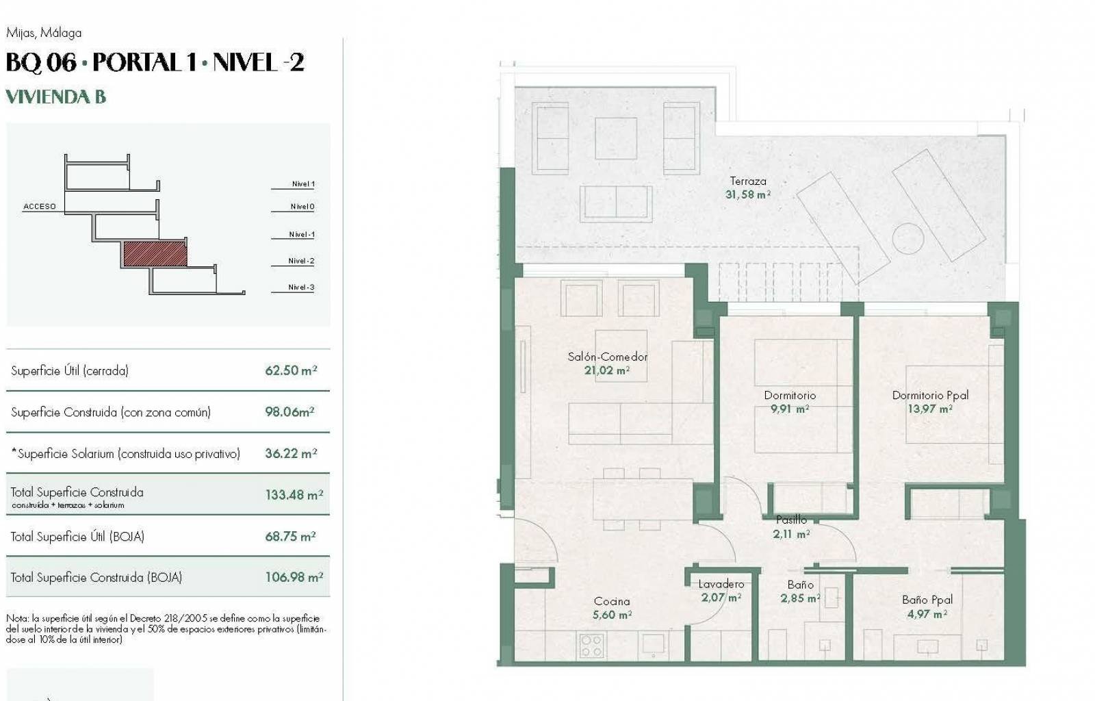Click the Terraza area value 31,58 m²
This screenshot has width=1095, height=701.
[748, 194]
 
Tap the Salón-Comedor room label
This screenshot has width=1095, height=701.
[608, 357]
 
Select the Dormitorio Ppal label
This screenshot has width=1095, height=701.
[930, 395]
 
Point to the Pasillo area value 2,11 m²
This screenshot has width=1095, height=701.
[791, 534]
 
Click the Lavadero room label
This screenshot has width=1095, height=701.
[721, 584]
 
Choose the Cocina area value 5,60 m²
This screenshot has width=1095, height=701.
[612, 615]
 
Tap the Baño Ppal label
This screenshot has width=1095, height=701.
[927, 599]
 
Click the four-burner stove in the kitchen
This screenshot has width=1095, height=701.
[591, 646]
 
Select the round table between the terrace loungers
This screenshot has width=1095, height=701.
[907, 239]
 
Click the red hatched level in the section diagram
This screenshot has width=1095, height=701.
[155, 254]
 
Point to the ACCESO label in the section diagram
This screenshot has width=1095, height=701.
[40, 206]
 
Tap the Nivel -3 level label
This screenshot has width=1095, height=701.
[301, 287]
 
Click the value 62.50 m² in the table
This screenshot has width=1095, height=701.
[291, 370]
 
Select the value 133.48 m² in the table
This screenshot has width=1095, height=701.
[294, 495]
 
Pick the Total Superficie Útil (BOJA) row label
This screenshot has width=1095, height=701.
[77, 536]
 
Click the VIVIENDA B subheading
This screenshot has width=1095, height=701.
[55, 97]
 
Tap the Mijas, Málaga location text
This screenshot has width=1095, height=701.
[44, 33]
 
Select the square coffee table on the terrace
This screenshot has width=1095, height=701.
[616, 138]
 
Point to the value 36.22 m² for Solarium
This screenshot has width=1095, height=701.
[291, 453]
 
